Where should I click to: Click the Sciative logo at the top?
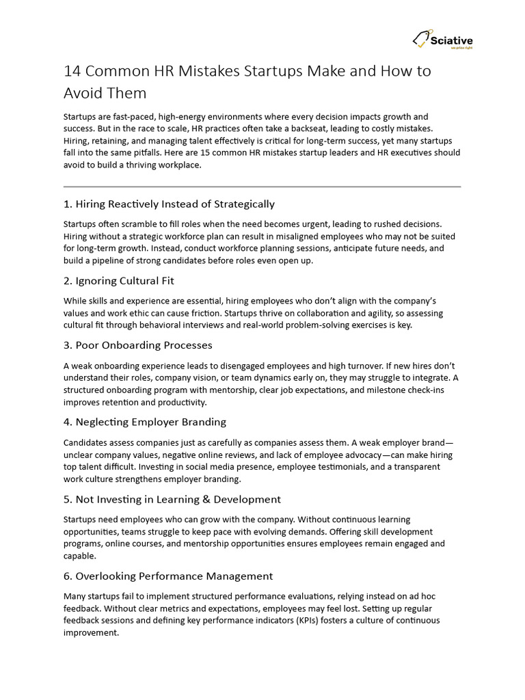pyautogui.click(x=442, y=41)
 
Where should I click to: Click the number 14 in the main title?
pyautogui.click(x=73, y=71)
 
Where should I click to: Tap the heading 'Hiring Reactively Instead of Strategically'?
pyautogui.click(x=175, y=204)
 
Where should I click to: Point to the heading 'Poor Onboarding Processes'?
pyautogui.click(x=144, y=345)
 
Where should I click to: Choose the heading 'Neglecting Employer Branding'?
pyautogui.click(x=150, y=421)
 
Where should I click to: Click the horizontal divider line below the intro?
pyautogui.click(x=262, y=186)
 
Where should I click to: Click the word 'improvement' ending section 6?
pyautogui.click(x=91, y=632)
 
